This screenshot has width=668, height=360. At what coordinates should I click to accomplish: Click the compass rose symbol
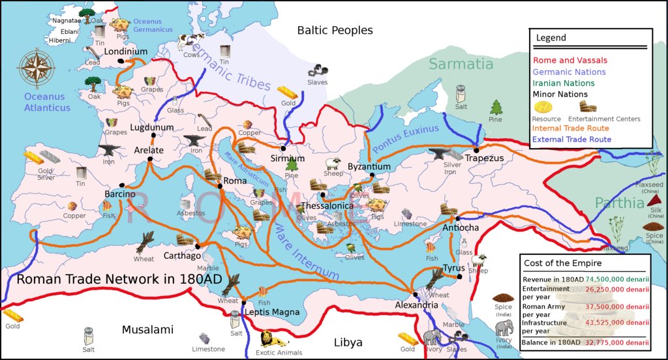point(35,67)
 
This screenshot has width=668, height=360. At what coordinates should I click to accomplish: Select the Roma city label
point(234,181)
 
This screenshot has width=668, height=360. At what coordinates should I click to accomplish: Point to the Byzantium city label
point(369,167)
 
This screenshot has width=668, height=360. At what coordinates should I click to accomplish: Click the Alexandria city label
point(416,305)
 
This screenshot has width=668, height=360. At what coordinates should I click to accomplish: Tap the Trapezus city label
point(485,158)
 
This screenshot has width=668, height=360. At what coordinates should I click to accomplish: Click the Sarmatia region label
point(461,64)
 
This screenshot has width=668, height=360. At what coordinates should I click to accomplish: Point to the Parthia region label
point(619,203)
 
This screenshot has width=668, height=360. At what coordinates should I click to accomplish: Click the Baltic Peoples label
point(335,30)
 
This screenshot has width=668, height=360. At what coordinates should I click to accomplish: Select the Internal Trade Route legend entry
point(571,128)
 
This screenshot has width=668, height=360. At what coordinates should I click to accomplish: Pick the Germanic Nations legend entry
point(569,72)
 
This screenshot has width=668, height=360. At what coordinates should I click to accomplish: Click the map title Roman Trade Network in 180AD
point(119,279)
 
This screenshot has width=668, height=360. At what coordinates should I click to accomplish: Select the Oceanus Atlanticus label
point(47,102)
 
